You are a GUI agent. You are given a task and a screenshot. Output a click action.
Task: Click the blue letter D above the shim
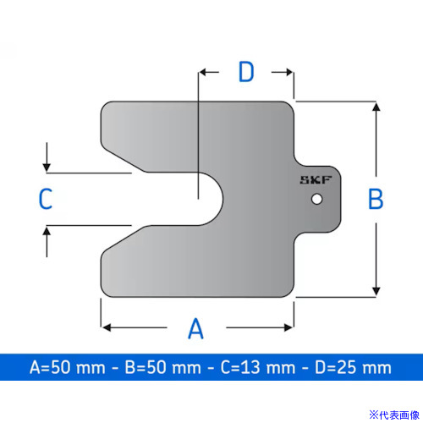tap(246, 72)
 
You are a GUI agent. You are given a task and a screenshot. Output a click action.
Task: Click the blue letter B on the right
tap(376, 199)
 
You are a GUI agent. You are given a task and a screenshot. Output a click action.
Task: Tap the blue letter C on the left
tap(46, 199)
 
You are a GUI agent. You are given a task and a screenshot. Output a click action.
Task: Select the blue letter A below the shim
tap(195, 328)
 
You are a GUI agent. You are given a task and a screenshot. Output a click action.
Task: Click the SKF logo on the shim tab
tap(316, 180)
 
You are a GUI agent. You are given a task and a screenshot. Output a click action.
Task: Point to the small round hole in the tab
tap(317, 199)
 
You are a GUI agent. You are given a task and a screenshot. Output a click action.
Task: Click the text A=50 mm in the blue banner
tap(68, 367)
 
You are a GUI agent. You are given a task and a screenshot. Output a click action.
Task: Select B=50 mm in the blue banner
tap(163, 367)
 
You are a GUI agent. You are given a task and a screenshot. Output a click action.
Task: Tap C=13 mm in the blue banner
tap(258, 367)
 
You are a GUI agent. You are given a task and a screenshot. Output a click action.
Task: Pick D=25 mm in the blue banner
tap(353, 367)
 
